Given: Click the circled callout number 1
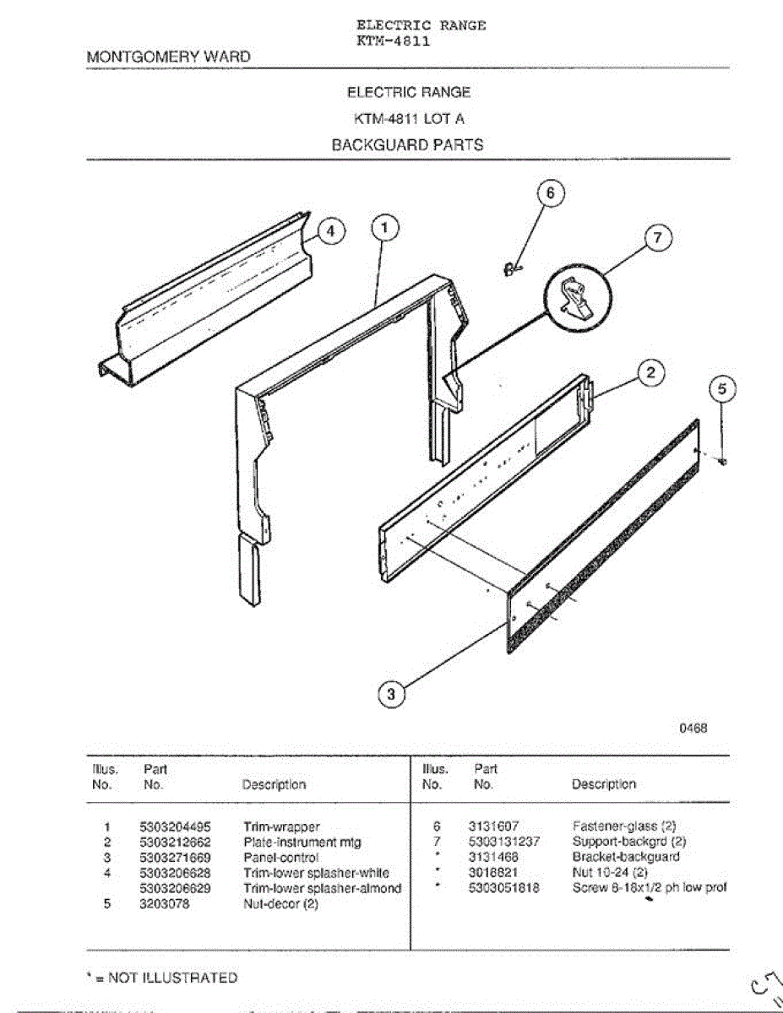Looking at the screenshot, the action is click(x=384, y=227).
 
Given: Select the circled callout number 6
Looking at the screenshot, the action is click(x=550, y=193).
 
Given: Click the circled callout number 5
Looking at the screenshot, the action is click(x=721, y=390).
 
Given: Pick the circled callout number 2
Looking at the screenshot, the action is click(x=650, y=372).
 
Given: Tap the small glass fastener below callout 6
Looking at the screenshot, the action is click(x=510, y=268).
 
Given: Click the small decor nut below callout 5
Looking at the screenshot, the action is click(x=724, y=460).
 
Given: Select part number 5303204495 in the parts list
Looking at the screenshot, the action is click(x=175, y=827).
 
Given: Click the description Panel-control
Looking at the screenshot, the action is click(x=281, y=858).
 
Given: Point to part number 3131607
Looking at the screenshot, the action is click(x=493, y=827).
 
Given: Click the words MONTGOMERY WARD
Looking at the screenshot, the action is click(x=169, y=57).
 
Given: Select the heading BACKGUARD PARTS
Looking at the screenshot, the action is click(x=407, y=145).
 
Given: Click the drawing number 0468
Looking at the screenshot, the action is click(x=693, y=728).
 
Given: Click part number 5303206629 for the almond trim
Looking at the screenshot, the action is click(x=175, y=888).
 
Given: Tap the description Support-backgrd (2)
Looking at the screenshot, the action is click(x=629, y=842).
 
